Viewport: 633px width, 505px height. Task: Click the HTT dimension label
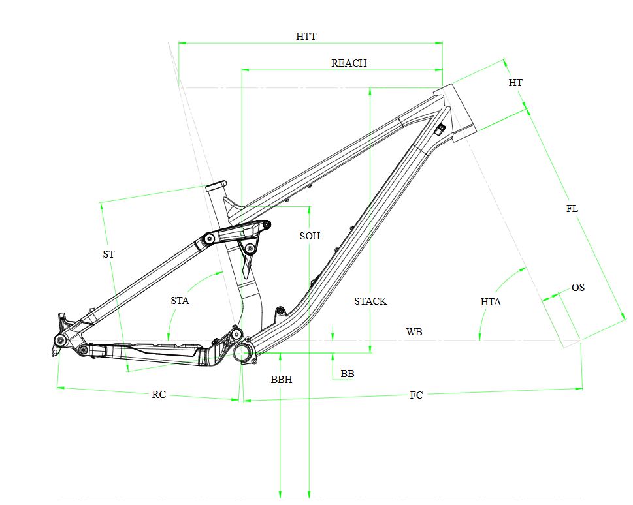[x=306, y=37]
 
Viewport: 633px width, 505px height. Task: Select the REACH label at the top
[x=349, y=63]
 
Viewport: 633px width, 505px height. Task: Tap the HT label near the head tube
[x=515, y=83]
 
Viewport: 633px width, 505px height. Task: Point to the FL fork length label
[x=572, y=209]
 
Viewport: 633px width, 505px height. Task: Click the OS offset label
[x=577, y=288]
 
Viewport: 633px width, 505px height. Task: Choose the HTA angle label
[x=491, y=302]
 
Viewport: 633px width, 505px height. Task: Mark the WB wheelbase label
[x=414, y=332]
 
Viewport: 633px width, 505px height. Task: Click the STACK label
[x=370, y=301]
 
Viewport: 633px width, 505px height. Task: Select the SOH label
[x=310, y=236]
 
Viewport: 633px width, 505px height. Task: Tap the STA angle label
[x=180, y=301]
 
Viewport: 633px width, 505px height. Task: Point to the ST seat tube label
[x=108, y=254]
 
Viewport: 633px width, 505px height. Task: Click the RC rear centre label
[x=159, y=395]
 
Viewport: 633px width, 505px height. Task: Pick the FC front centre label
[x=416, y=395]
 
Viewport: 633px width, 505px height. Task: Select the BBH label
[x=282, y=379]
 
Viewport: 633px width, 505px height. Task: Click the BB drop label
[x=348, y=374]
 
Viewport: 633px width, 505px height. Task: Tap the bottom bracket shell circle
[x=243, y=353]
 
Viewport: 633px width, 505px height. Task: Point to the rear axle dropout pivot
[x=60, y=341]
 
